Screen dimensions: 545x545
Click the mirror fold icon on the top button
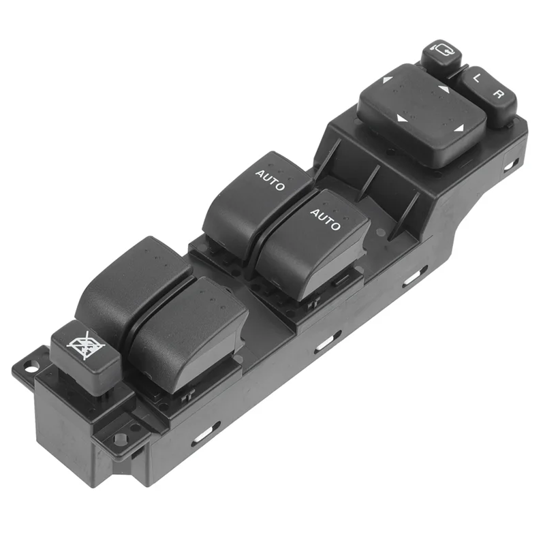[x=441, y=51]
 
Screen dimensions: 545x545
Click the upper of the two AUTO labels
[x=270, y=178]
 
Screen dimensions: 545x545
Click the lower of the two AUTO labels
[x=325, y=219]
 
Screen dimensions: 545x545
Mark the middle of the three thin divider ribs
[x=371, y=183]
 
